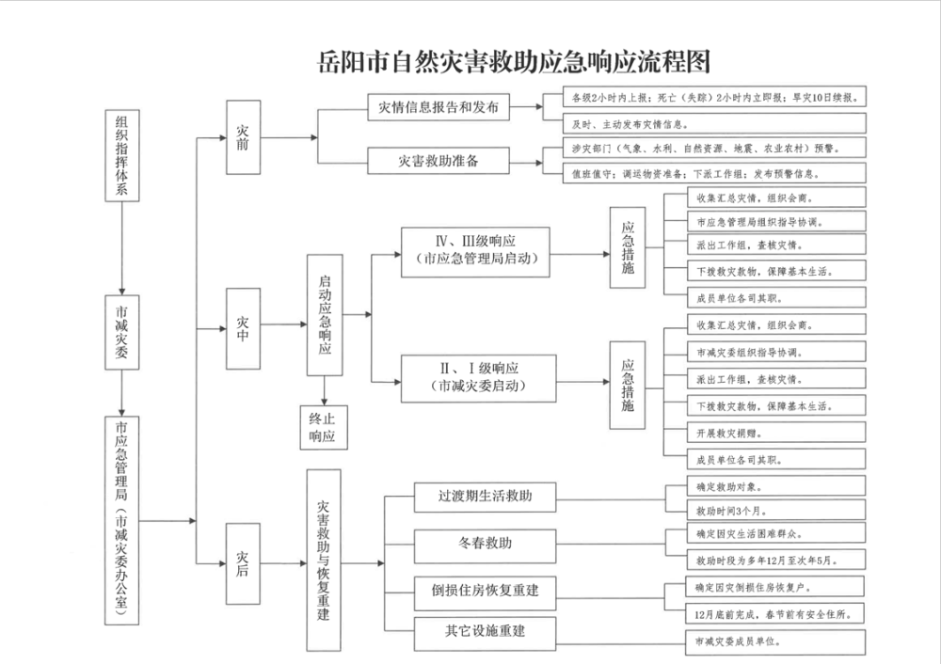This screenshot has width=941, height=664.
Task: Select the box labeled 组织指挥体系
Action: click(x=121, y=155)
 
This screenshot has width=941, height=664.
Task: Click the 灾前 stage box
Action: click(x=244, y=137)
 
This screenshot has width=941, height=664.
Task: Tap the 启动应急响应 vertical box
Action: click(x=325, y=315)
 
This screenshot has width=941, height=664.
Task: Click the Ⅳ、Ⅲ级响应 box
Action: click(x=475, y=250)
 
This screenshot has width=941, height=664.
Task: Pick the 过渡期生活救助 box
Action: click(x=486, y=496)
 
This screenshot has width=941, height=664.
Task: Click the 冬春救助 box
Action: click(x=486, y=544)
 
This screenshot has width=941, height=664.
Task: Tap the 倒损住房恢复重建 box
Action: click(x=486, y=591)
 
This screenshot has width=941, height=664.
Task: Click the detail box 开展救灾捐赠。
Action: click(x=763, y=434)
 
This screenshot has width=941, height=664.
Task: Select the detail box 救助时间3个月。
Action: click(x=763, y=510)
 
